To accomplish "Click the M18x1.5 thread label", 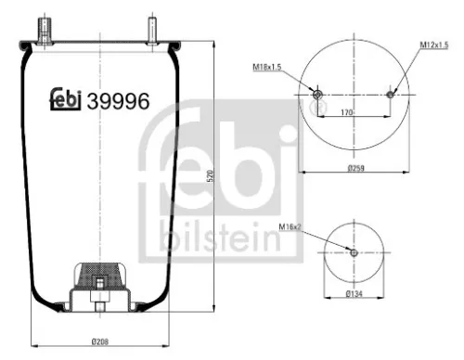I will pos(267,67).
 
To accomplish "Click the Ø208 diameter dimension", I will pos(100,342).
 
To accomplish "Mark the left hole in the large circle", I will pos(317,95).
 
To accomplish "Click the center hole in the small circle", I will pos(354,252).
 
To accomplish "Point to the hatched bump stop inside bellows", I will pos(98,275).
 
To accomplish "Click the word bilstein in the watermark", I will pos(218,238).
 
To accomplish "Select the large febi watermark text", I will pos(221,176).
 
